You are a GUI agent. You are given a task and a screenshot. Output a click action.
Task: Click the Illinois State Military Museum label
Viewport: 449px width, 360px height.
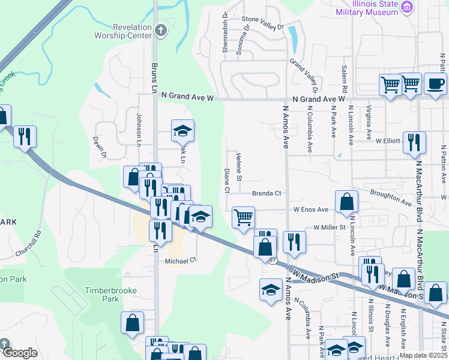click(x=376, y=8)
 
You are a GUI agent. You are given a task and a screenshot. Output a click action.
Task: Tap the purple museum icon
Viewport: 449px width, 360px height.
click(x=408, y=7)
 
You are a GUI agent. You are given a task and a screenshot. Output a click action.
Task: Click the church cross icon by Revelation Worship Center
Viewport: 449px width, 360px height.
click(x=160, y=29)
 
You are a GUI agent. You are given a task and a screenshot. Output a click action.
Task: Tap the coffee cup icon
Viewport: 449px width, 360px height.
click(x=435, y=85)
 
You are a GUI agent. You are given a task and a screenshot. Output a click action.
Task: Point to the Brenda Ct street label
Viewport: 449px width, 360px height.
click(x=267, y=193)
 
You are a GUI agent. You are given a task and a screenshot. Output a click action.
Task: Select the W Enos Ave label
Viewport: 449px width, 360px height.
click(x=310, y=209)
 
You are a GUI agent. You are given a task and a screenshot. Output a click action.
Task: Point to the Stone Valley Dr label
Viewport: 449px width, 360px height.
click(x=262, y=23)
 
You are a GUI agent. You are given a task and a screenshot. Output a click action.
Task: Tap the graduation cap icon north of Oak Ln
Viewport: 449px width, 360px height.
click(x=183, y=130)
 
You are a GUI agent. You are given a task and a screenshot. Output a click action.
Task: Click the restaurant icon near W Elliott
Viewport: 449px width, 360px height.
click(x=414, y=143)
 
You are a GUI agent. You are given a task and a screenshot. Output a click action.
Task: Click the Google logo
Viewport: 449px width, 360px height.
click(x=19, y=353)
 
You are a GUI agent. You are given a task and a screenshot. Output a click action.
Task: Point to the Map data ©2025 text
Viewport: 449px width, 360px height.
click(x=423, y=355)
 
